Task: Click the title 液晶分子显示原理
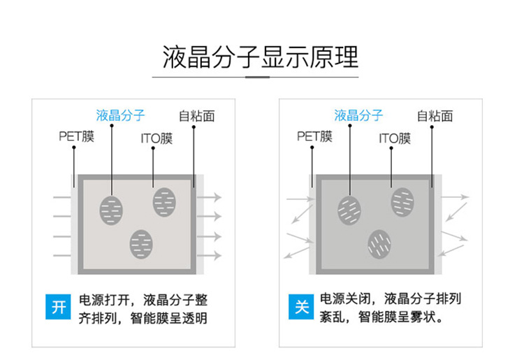[261, 55]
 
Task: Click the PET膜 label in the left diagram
[75, 136]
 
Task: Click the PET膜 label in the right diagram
[314, 136]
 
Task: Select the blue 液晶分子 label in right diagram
[358, 115]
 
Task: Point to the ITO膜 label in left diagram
[156, 139]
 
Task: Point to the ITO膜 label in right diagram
[395, 139]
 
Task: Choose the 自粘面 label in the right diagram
[435, 116]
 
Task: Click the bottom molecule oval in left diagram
[141, 243]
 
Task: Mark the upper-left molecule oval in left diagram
[111, 208]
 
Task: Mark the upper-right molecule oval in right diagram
[402, 202]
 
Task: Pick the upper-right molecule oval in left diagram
[164, 202]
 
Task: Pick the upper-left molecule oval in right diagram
[349, 208]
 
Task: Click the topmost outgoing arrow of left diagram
[210, 198]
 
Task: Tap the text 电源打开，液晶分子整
[143, 299]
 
